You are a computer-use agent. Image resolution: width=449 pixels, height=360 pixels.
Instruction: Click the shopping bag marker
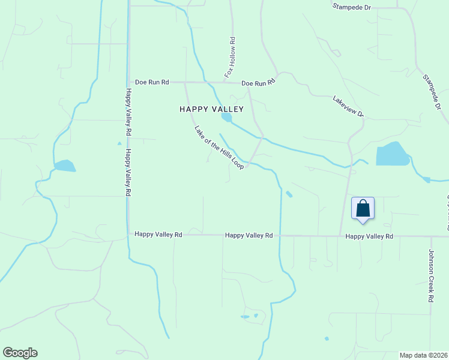click(363, 208)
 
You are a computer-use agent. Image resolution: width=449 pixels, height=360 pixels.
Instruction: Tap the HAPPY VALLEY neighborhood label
click(211, 109)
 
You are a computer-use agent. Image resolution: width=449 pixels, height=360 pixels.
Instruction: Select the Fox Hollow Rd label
click(230, 57)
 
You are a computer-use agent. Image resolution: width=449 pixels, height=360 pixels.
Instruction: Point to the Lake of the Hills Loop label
click(218, 147)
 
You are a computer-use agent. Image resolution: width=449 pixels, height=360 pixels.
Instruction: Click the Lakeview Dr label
click(348, 106)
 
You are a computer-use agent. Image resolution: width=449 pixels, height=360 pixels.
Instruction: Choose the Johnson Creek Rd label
click(431, 275)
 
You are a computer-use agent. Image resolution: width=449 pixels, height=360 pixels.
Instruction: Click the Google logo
click(20, 353)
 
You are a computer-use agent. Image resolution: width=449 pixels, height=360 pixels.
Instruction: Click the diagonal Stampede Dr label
click(432, 92)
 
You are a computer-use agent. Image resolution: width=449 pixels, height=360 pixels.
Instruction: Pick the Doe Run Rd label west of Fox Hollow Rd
click(152, 82)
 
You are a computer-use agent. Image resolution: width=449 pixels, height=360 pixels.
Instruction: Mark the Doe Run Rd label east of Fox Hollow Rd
click(259, 83)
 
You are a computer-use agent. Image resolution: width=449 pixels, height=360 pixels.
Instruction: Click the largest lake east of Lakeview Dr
click(393, 155)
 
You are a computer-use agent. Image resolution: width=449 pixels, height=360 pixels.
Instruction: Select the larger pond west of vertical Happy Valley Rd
click(65, 166)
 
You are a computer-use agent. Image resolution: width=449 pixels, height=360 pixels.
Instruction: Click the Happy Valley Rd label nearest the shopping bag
click(369, 237)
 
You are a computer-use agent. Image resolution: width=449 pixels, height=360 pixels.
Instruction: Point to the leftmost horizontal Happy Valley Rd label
click(158, 235)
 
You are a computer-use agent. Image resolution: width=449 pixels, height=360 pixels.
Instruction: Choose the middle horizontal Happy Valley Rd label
click(249, 236)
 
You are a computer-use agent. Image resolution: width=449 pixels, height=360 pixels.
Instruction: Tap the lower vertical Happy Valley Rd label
click(127, 173)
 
